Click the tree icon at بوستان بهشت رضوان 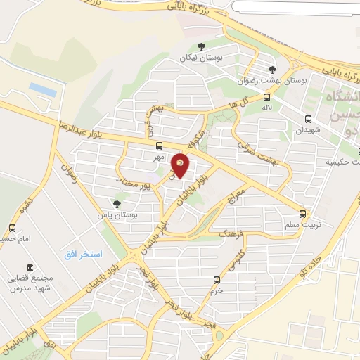(x=272, y=69)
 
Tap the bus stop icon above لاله (x=266, y=97)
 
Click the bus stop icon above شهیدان (x=308, y=118)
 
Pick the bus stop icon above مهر (x=159, y=146)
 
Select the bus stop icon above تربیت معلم (x=302, y=212)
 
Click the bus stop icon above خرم (x=217, y=279)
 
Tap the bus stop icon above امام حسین (x=12, y=228)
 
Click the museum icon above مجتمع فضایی (x=29, y=267)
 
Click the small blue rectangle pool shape (x=43, y=90)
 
